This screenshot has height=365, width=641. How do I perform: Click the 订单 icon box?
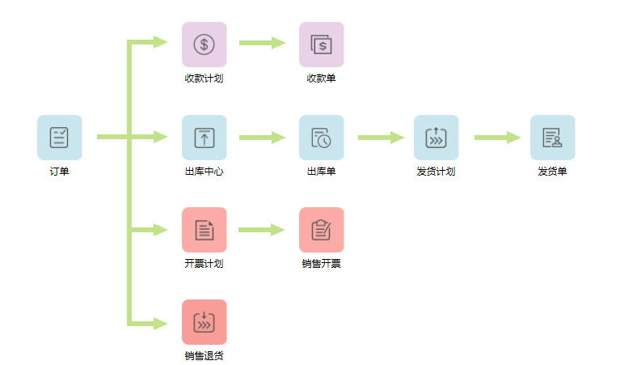(59, 137)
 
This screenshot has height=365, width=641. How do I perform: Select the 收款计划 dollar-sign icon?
(204, 44)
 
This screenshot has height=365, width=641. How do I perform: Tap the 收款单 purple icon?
(321, 44)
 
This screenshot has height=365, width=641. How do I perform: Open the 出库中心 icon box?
(204, 137)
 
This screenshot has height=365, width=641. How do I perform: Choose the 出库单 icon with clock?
(321, 137)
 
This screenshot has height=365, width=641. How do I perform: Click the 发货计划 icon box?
(436, 137)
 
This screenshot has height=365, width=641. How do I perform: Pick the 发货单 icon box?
(552, 137)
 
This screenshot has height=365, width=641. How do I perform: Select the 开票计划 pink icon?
(204, 230)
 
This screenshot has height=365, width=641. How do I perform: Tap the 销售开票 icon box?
(321, 230)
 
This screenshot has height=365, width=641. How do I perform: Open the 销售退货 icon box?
(204, 322)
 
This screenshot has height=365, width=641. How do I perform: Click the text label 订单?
(59, 172)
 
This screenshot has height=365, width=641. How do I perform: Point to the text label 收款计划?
(204, 79)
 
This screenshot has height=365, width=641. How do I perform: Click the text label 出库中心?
(204, 172)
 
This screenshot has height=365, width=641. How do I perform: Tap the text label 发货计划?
(436, 172)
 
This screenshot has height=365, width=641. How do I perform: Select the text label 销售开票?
(321, 264)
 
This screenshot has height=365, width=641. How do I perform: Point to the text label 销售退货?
(204, 356)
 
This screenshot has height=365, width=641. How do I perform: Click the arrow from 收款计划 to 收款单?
(262, 43)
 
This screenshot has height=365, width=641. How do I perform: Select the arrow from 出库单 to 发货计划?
(380, 138)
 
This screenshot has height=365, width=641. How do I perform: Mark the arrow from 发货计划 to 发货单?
(496, 138)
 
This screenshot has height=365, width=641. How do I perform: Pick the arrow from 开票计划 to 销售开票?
(262, 230)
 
